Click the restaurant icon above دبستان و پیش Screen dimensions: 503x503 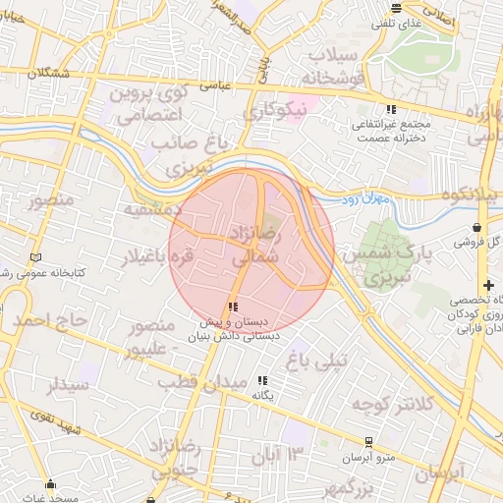[x=233, y=307]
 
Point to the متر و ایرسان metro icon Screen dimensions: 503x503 [x=368, y=442]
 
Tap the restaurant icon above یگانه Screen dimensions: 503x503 [x=261, y=379]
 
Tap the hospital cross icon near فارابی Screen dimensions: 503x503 [x=488, y=285]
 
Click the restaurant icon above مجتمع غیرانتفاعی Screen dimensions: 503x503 [x=392, y=110]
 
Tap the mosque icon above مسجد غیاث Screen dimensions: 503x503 [x=52, y=482]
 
